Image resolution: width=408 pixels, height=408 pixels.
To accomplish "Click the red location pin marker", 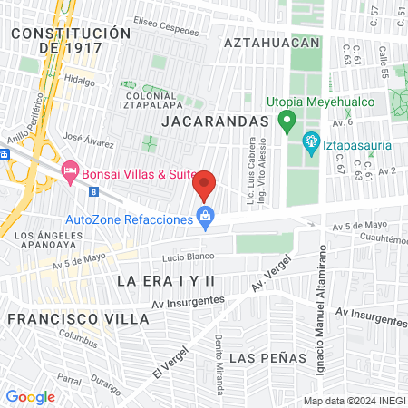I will pyautogui.click(x=205, y=185).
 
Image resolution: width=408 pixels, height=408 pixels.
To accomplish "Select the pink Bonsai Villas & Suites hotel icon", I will pyautogui.click(x=70, y=170).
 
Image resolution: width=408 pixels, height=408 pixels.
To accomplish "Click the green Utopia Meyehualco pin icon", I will pyautogui.click(x=287, y=119).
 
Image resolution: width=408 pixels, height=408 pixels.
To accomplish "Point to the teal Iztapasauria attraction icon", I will pyautogui.click(x=310, y=141).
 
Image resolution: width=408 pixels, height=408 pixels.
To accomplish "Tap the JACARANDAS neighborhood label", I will pyautogui.click(x=216, y=121).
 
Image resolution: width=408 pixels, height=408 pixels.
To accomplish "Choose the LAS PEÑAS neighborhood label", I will pyautogui.click(x=267, y=357).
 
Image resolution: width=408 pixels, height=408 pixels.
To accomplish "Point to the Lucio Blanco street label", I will pyautogui.click(x=181, y=257).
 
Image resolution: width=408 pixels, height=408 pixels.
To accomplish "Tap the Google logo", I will pyautogui.click(x=30, y=396).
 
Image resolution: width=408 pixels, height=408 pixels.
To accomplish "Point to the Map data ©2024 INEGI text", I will pyautogui.click(x=354, y=400).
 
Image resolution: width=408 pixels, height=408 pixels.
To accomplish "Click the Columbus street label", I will pyautogui.click(x=78, y=338).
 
